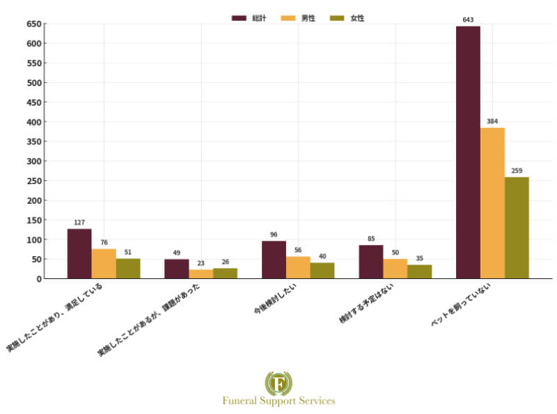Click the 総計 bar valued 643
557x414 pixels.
(468, 152)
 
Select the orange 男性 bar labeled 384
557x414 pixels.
(492, 203)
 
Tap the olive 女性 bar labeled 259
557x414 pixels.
(517, 228)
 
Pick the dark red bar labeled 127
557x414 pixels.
(79, 253)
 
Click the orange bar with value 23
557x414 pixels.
(201, 274)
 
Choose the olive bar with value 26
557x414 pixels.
(225, 273)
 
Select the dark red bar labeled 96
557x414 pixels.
(274, 260)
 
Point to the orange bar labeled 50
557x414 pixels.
(395, 269)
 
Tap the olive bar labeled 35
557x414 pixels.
(419, 271)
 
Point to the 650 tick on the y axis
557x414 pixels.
(33, 24)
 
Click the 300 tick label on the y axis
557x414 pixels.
(33, 161)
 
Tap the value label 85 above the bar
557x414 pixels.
(371, 239)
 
